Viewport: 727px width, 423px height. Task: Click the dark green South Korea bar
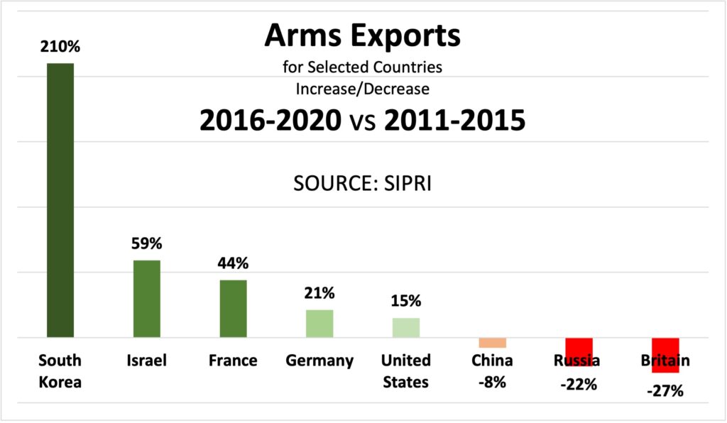60,200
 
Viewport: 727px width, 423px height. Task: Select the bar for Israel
147,299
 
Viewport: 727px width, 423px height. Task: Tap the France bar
233,309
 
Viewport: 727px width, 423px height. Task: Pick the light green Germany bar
319,324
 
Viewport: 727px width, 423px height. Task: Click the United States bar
406,328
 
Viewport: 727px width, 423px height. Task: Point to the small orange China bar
492,343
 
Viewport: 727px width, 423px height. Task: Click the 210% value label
60,48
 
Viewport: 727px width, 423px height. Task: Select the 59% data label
147,244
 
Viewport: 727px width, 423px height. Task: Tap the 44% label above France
233,263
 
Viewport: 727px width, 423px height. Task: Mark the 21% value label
319,293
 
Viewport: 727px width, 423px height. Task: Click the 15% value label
406,301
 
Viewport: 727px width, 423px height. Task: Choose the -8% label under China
492,382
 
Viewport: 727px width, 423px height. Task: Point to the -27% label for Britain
665,390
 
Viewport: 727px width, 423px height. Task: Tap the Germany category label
319,361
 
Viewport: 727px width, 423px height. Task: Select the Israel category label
147,361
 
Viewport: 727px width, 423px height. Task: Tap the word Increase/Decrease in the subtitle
363,89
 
